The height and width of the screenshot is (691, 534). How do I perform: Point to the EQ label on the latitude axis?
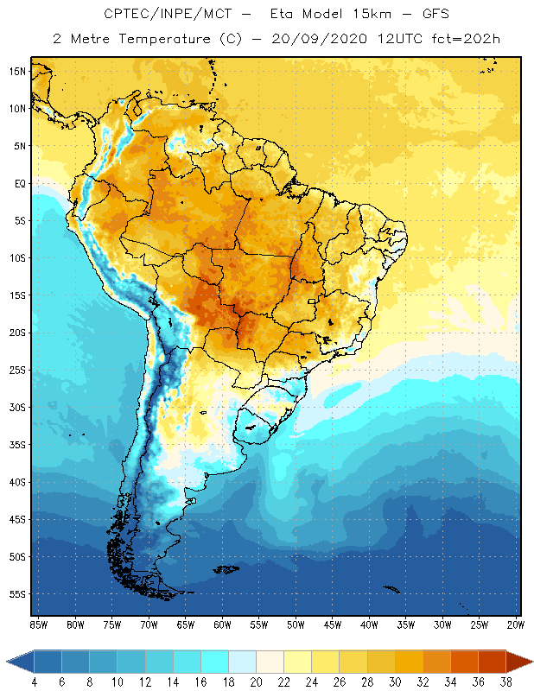(x=19, y=183)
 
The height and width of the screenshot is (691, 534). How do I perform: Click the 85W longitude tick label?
(x=38, y=624)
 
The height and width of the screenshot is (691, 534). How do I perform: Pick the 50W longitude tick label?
(x=296, y=624)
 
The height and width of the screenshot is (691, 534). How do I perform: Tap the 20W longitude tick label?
(x=514, y=624)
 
